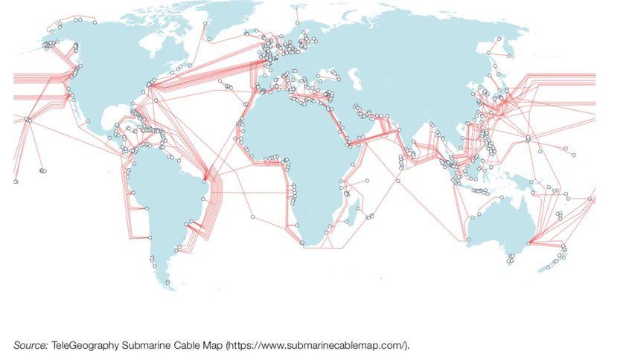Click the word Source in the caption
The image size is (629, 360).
[x=30, y=346]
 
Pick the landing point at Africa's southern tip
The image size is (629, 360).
[x=301, y=242]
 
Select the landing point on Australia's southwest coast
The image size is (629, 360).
[x=468, y=240]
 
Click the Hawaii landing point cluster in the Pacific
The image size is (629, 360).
[x=28, y=119]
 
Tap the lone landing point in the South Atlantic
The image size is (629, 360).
[x=252, y=216]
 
